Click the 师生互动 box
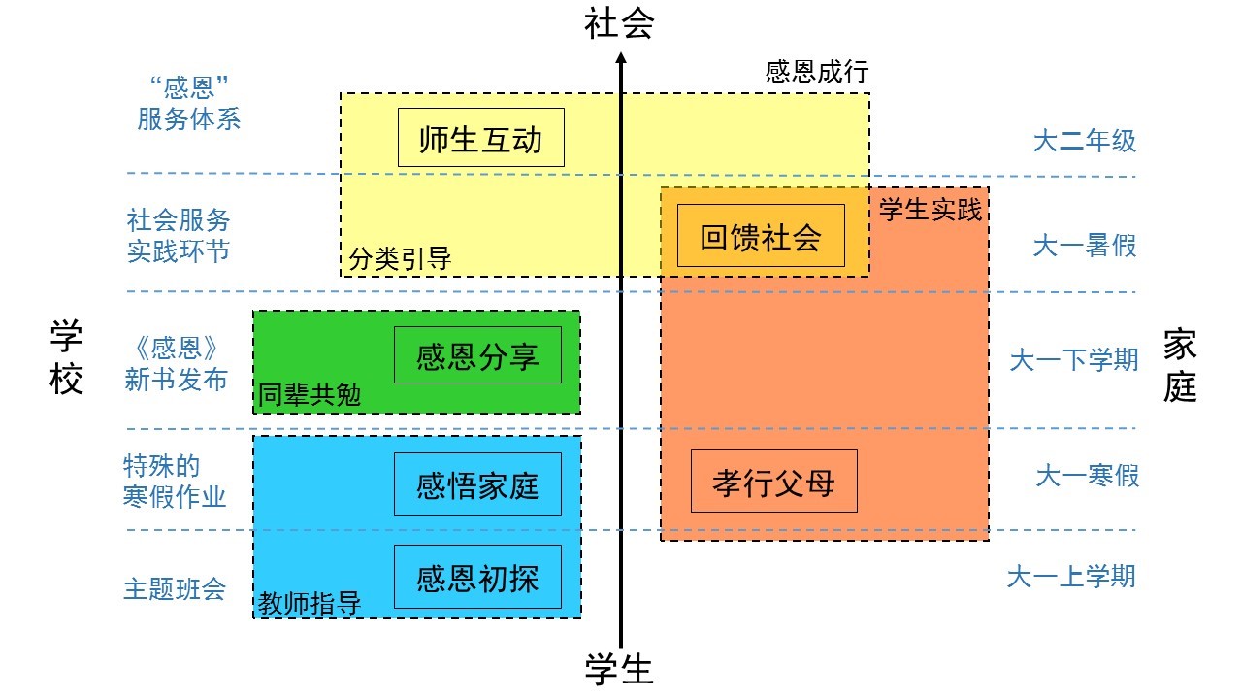point(480,137)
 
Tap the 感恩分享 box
point(477,354)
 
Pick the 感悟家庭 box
point(477,483)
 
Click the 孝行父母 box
point(773,481)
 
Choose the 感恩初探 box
point(477,577)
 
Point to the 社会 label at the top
point(619,23)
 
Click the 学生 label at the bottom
point(619,669)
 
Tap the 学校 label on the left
point(67,359)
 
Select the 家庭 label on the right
point(1180,365)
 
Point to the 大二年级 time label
point(1084,142)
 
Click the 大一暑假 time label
point(1084,246)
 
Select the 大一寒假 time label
point(1087,476)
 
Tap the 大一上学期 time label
point(1070,576)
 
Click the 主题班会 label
point(175,588)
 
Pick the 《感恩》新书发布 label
point(176,363)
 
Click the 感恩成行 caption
point(816,73)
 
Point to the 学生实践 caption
point(930,209)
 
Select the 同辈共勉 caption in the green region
point(309,395)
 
